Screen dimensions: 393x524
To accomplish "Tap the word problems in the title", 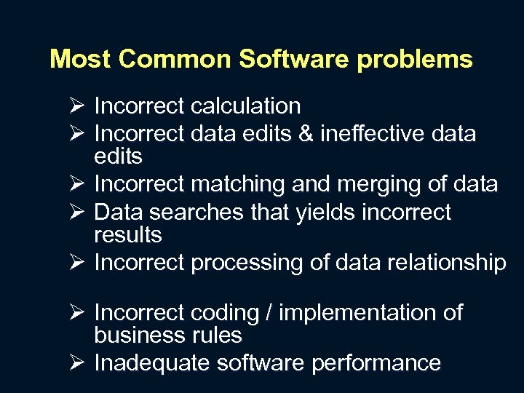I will [415, 59].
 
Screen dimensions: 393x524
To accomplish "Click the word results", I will [128, 235].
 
